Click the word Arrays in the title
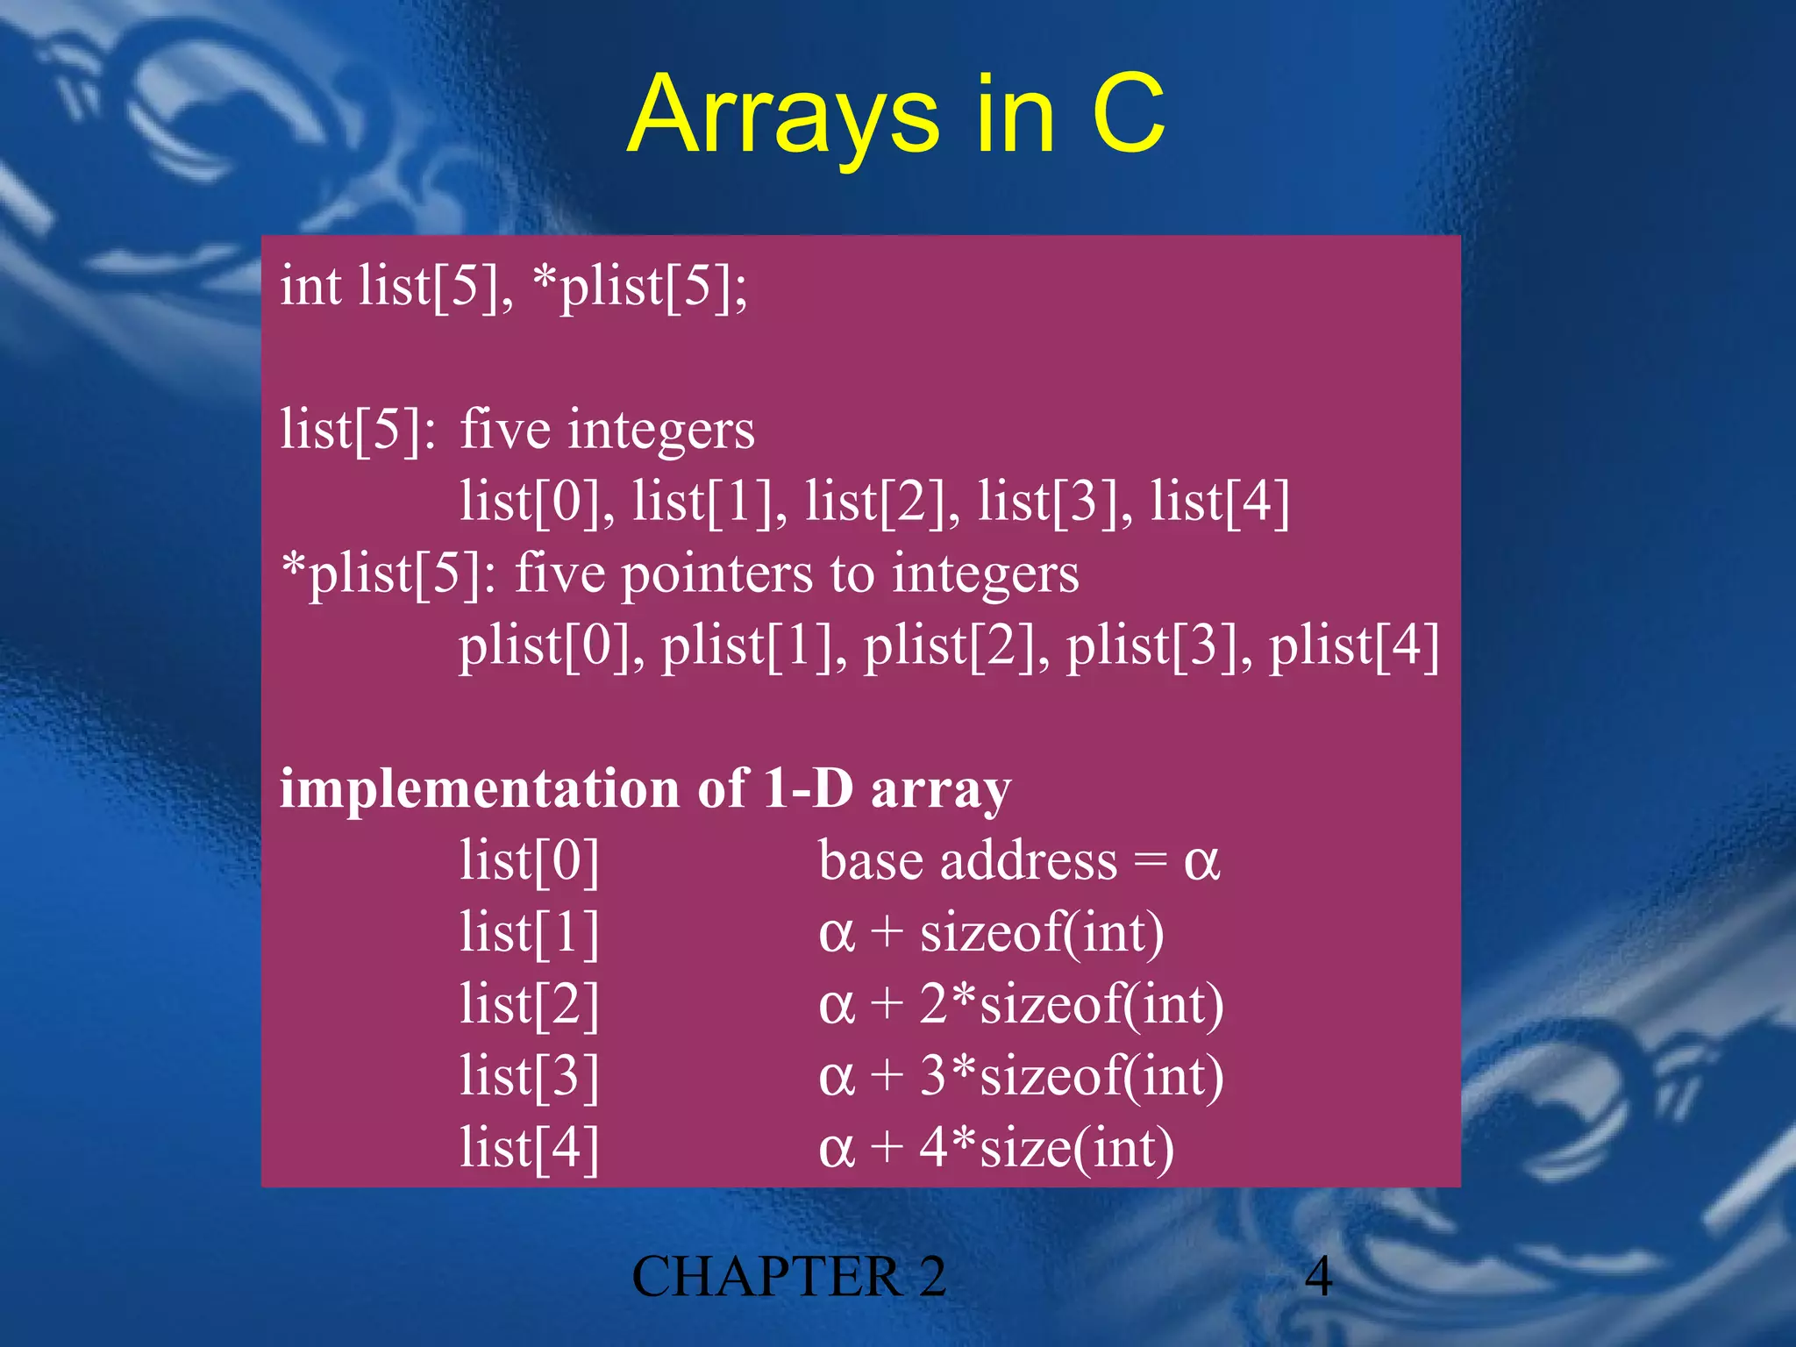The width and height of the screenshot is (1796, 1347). pyautogui.click(x=783, y=117)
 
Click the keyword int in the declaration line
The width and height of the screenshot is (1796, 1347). pyautogui.click(x=310, y=286)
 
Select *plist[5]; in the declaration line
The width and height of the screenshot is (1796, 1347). pyautogui.click(x=640, y=288)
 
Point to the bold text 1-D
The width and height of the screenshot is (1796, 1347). pyautogui.click(x=808, y=788)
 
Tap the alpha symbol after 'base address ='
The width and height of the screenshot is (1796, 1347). pyautogui.click(x=1201, y=863)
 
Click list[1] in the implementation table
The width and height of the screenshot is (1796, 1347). pyautogui.click(x=530, y=932)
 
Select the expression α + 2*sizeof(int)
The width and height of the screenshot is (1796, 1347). pyautogui.click(x=1021, y=1005)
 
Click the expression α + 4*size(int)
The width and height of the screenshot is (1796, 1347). pyautogui.click(x=996, y=1148)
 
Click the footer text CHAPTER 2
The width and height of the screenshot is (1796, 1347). pyautogui.click(x=788, y=1277)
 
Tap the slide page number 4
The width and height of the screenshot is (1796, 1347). pyautogui.click(x=1318, y=1277)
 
